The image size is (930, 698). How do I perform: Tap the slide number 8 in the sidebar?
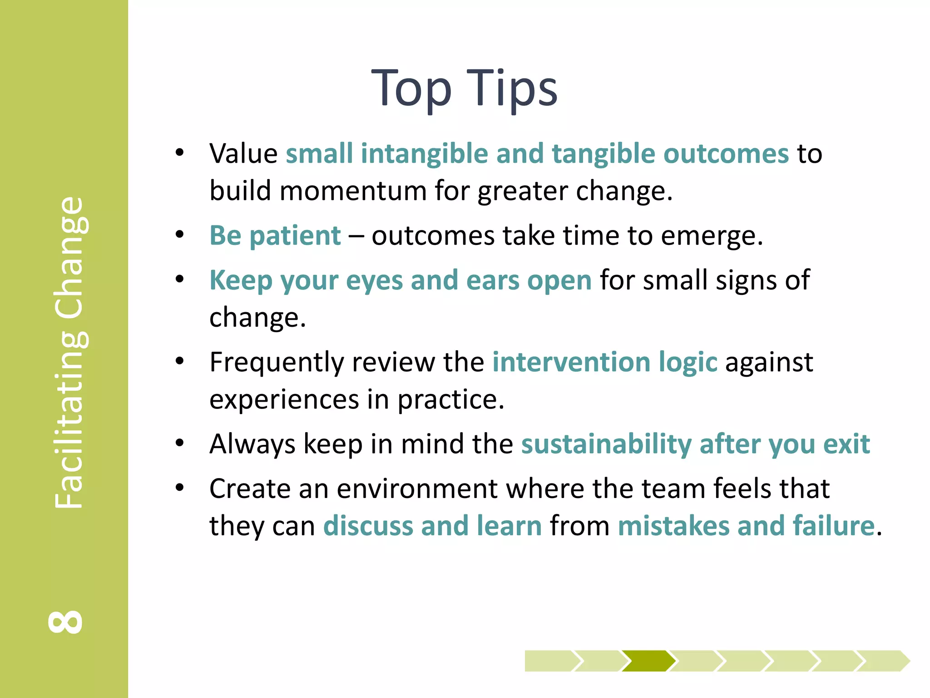point(66,622)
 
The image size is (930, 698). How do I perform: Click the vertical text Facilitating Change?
point(69,352)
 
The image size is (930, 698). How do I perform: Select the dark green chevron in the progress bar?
point(648,661)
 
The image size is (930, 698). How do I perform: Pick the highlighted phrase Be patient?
point(275,235)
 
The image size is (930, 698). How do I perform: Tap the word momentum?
point(353,190)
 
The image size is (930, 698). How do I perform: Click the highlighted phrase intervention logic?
point(605,362)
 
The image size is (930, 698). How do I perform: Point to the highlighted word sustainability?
point(606,444)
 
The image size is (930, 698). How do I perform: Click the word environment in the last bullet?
point(417,489)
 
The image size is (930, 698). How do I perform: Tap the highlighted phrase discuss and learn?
point(432,526)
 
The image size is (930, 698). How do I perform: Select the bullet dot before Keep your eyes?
point(180,279)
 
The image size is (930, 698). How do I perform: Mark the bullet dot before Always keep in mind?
point(180,443)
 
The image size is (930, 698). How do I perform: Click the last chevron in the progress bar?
point(883,661)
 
